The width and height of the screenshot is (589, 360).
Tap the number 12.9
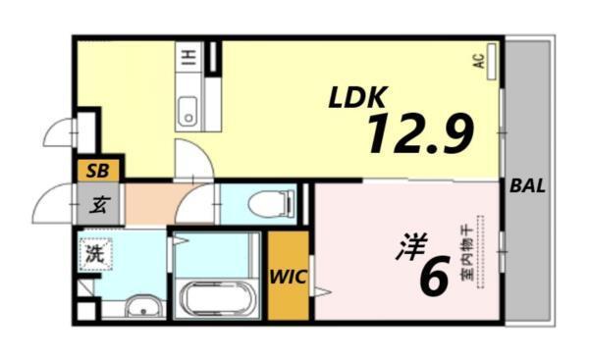pyautogui.click(x=420, y=133)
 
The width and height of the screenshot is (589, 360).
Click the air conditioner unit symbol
pyautogui.click(x=492, y=61)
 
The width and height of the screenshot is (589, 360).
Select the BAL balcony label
pyautogui.click(x=528, y=186)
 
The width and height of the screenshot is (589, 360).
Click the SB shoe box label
pyautogui.click(x=98, y=170)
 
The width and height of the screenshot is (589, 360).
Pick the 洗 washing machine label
pyautogui.click(x=94, y=252)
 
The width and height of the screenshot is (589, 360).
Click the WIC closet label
pyautogui.click(x=290, y=276)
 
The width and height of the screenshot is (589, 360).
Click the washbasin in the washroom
pyautogui.click(x=144, y=308)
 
